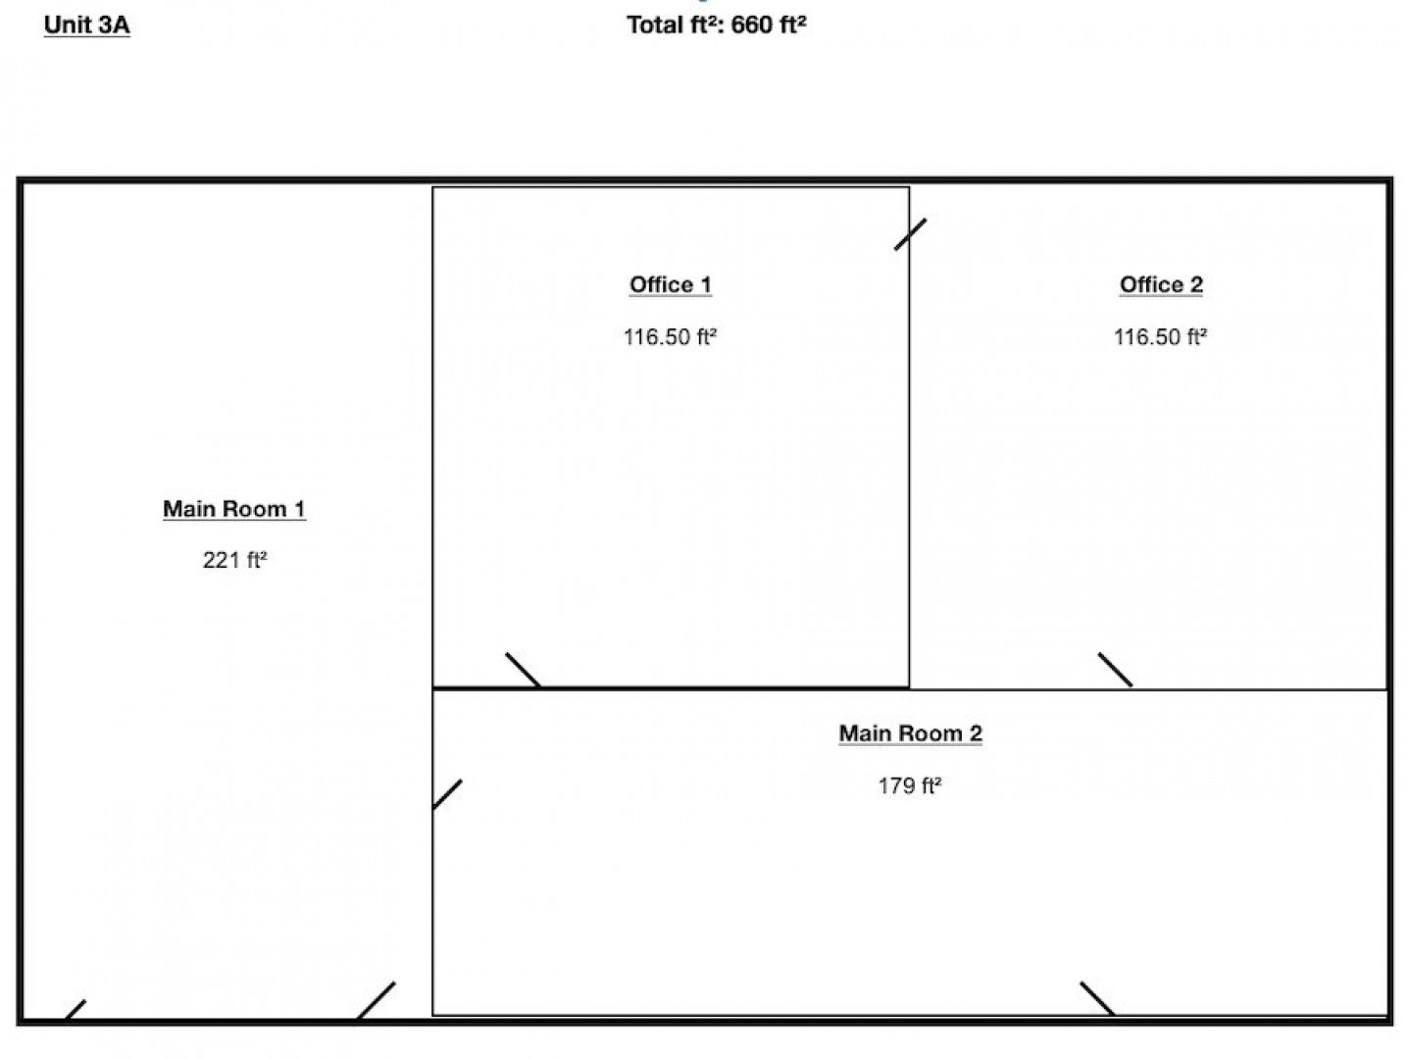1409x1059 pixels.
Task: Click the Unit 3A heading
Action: (86, 25)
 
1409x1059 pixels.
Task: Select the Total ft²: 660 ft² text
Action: (717, 25)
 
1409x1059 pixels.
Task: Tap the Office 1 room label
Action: (670, 285)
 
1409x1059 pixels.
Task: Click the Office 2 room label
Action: (1161, 285)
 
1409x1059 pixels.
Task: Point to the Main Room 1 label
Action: (234, 509)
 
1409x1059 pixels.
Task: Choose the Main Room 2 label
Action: (910, 733)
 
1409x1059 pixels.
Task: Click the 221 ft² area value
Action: (234, 560)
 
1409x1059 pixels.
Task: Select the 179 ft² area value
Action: (910, 785)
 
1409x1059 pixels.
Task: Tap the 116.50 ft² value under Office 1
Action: (670, 336)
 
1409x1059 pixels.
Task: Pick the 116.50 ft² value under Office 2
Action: (1160, 336)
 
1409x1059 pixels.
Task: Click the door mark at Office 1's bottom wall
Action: (523, 670)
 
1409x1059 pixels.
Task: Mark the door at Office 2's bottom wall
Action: (1115, 670)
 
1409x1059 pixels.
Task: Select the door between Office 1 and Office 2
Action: (910, 234)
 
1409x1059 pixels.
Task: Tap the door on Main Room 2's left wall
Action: (447, 794)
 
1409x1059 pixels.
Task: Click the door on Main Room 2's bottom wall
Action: (1097, 998)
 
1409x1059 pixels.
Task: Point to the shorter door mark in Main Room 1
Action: (75, 1010)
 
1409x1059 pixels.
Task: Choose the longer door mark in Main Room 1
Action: (377, 1000)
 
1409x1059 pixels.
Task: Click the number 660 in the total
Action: (751, 25)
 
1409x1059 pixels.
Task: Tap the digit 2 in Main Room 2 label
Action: (976, 733)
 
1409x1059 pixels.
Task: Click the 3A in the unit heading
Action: (115, 25)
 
